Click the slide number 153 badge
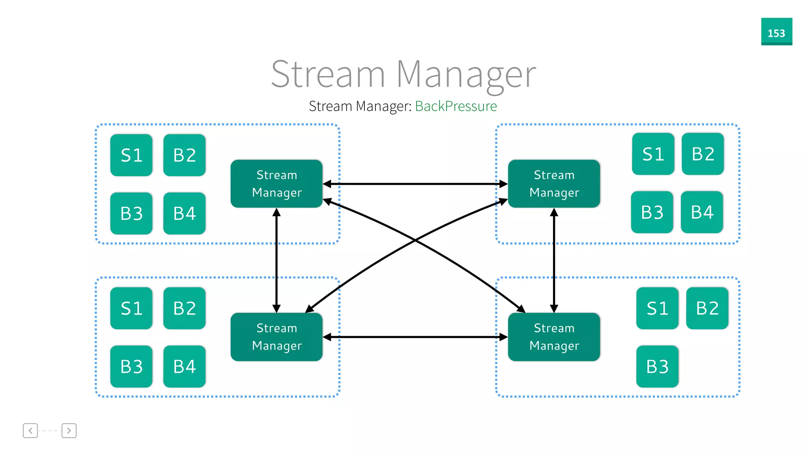pyautogui.click(x=776, y=32)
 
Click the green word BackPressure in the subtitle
pyautogui.click(x=456, y=106)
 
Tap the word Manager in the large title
pyautogui.click(x=466, y=75)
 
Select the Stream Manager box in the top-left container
pyautogui.click(x=276, y=184)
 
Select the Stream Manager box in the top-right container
pyautogui.click(x=554, y=184)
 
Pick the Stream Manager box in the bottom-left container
pyautogui.click(x=276, y=337)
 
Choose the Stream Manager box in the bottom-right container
pyautogui.click(x=554, y=337)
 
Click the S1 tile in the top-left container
pyautogui.click(x=131, y=155)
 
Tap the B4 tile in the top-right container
pyautogui.click(x=702, y=212)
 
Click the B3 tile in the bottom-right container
pyautogui.click(x=657, y=366)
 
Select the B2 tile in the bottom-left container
pyautogui.click(x=184, y=308)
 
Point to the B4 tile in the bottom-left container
pyautogui.click(x=184, y=366)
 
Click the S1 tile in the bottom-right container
pyautogui.click(x=657, y=308)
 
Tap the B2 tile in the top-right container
pyautogui.click(x=702, y=154)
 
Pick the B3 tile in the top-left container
pyautogui.click(x=131, y=214)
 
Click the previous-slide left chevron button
pyautogui.click(x=30, y=431)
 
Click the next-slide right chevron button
pyautogui.click(x=69, y=431)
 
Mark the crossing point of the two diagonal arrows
pyautogui.click(x=415, y=240)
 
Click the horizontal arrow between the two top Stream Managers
pyautogui.click(x=415, y=184)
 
